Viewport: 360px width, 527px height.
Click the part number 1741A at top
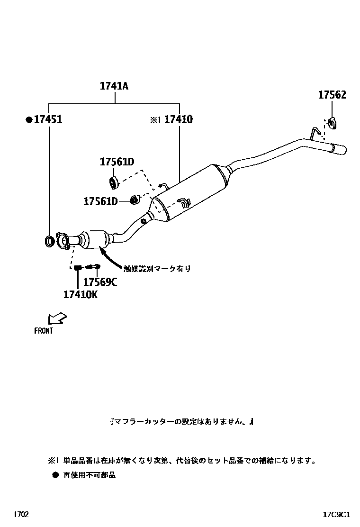(x=114, y=86)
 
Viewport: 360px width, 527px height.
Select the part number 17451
(x=48, y=119)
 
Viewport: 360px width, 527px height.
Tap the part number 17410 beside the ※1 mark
(x=178, y=119)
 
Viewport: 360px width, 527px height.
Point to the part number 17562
(x=332, y=95)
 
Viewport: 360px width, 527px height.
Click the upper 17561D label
(x=117, y=162)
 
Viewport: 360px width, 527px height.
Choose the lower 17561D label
(x=100, y=201)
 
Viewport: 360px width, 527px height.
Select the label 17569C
(x=100, y=282)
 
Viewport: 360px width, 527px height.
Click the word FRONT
(x=44, y=331)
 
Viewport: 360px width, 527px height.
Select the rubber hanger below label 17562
(x=332, y=123)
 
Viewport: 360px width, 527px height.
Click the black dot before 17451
(x=29, y=120)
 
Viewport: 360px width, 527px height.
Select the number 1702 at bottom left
(x=21, y=514)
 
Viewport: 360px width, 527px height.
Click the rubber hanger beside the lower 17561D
(x=134, y=200)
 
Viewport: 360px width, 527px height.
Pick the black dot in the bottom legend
(x=55, y=474)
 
